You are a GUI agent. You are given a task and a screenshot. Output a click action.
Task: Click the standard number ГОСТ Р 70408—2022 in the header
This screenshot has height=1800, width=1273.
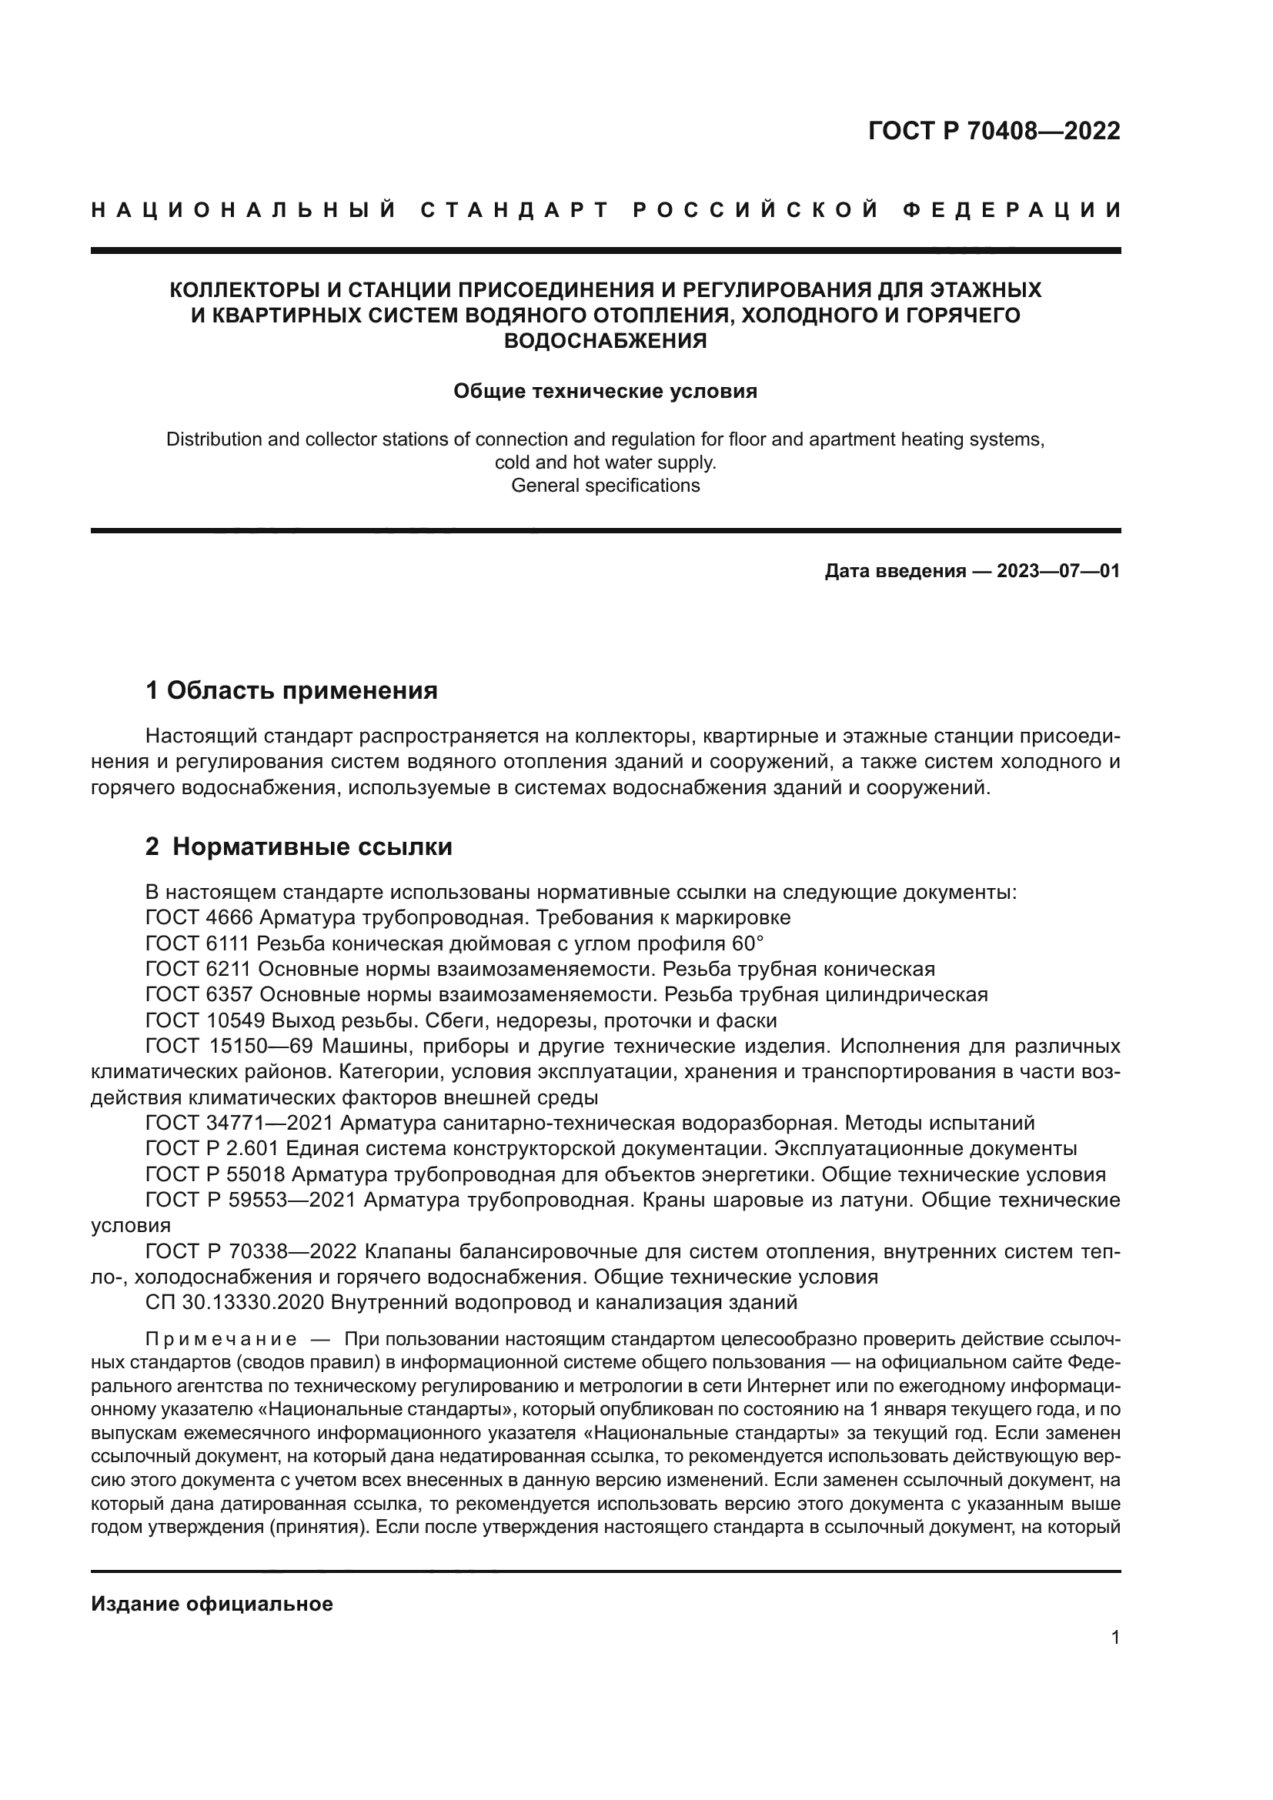[x=994, y=131]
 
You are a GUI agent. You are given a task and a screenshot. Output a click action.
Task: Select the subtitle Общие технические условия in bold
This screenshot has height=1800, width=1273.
[x=605, y=391]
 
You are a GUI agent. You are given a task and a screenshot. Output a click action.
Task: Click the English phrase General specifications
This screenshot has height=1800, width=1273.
[x=605, y=486]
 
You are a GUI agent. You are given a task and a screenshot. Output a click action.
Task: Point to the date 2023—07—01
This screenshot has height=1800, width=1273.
[x=1058, y=571]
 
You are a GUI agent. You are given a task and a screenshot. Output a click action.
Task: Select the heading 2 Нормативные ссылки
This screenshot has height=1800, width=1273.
[x=299, y=847]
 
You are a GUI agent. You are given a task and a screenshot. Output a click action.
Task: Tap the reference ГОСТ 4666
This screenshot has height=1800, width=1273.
[x=199, y=917]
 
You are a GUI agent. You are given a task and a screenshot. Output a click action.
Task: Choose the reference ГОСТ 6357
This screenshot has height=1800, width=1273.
[x=199, y=995]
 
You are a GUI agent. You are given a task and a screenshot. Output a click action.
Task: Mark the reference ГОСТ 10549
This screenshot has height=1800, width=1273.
[x=205, y=1020]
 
